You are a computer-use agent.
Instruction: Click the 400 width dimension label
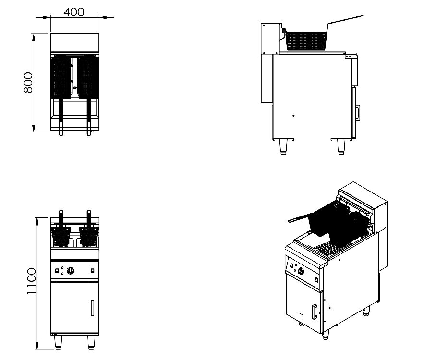point(74,12)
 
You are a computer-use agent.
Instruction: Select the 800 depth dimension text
point(27,83)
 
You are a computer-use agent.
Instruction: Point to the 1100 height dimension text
point(31,281)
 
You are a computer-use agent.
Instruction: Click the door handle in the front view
point(91,308)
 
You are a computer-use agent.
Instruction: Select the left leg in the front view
point(59,341)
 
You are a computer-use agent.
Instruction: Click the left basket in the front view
point(61,235)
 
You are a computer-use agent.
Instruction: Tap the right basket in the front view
point(88,235)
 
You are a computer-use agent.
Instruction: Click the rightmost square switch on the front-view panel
point(91,272)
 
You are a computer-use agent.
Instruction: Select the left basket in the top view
point(61,77)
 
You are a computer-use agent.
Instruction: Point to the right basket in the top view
point(88,77)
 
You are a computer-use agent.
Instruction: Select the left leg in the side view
point(283,146)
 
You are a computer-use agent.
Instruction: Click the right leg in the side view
point(341,146)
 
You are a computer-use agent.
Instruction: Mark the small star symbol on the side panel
point(293,116)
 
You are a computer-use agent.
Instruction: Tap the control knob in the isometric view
point(302,273)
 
